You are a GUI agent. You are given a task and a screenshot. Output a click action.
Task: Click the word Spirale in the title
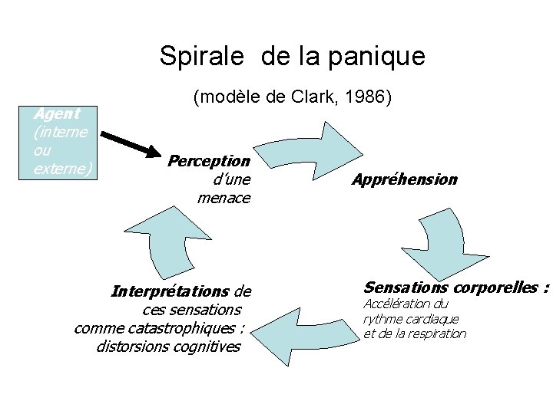pyautogui.click(x=202, y=56)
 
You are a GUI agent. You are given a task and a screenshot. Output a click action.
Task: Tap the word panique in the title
pyautogui.click(x=377, y=57)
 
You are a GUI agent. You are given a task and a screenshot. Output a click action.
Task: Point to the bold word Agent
pyautogui.click(x=58, y=114)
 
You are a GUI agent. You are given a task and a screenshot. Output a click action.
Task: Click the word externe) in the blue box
pyautogui.click(x=63, y=169)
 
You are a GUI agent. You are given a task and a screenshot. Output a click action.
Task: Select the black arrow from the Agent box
pyautogui.click(x=131, y=144)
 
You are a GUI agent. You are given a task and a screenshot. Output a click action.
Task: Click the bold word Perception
pyautogui.click(x=209, y=161)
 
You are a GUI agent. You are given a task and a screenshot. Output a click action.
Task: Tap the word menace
pyautogui.click(x=224, y=199)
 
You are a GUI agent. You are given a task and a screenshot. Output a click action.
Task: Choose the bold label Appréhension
pyautogui.click(x=405, y=179)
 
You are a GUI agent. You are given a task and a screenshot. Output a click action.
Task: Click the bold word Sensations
pyautogui.click(x=406, y=287)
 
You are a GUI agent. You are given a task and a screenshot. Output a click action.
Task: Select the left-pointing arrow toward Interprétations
pyautogui.click(x=305, y=337)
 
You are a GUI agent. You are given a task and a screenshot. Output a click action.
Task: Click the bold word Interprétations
pyautogui.click(x=170, y=292)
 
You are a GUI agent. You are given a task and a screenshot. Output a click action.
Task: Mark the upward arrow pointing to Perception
pyautogui.click(x=167, y=243)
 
